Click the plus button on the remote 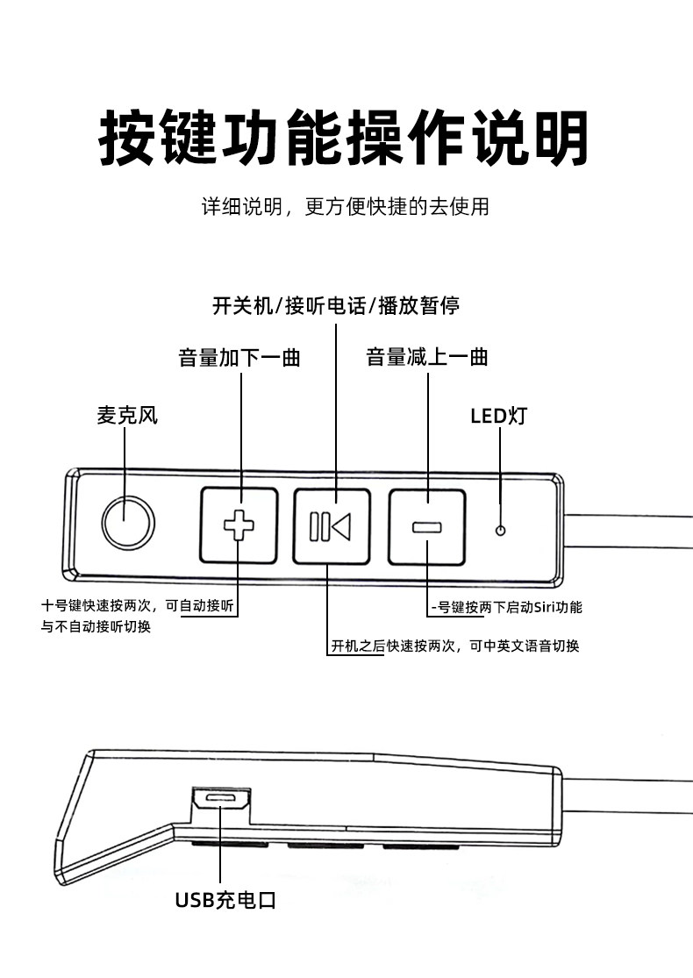239,525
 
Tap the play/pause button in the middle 332,525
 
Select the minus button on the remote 426,525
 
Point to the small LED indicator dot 501,531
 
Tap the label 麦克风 127,415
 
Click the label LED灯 498,415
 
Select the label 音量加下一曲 239,358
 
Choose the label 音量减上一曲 427,357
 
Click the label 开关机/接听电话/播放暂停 336,305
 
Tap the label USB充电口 225,900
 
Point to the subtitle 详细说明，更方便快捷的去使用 346,207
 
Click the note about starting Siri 507,606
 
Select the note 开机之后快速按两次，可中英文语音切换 454,646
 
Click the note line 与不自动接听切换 96,627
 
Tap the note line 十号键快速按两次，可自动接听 139,605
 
